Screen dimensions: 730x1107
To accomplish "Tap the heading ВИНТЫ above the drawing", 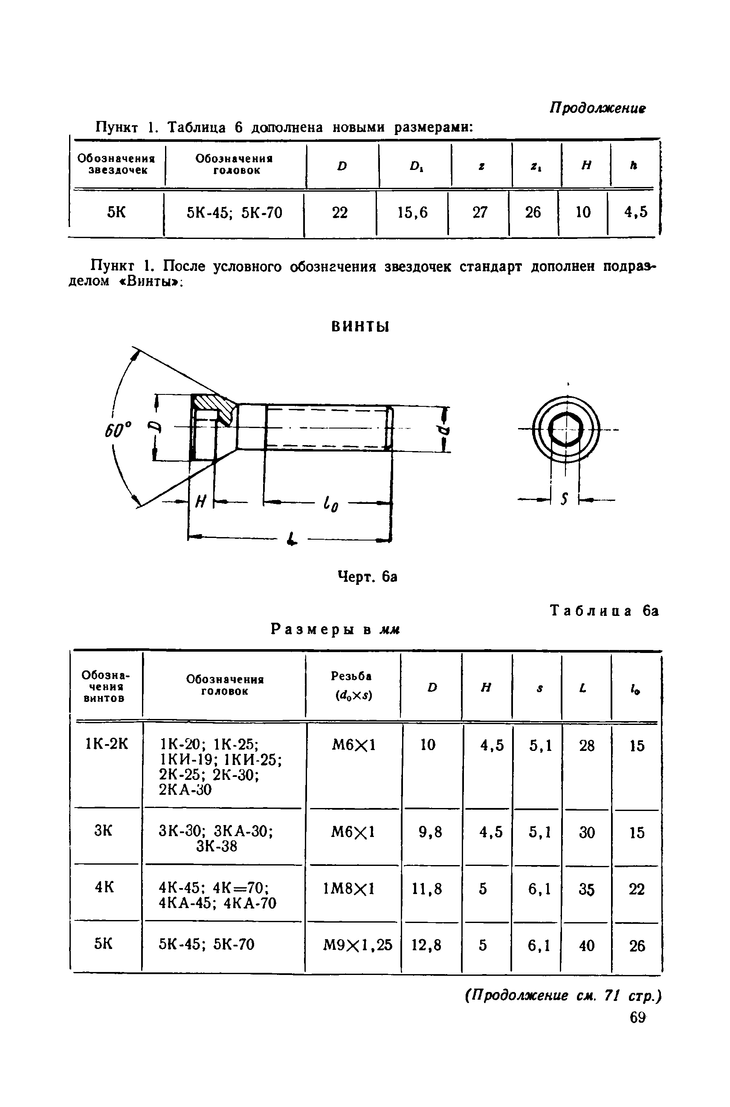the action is (x=360, y=327).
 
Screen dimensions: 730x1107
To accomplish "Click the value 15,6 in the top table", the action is (x=412, y=213).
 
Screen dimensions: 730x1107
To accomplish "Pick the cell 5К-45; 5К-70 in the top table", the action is (x=235, y=213).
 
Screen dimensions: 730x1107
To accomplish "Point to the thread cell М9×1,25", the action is (x=358, y=945).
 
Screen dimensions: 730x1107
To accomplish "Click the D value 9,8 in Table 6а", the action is (x=431, y=832).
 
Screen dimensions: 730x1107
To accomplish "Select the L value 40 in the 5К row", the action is (x=587, y=945).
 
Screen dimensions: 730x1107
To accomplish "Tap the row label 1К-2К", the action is (x=106, y=744).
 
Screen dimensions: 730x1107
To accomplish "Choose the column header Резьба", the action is (x=351, y=676).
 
